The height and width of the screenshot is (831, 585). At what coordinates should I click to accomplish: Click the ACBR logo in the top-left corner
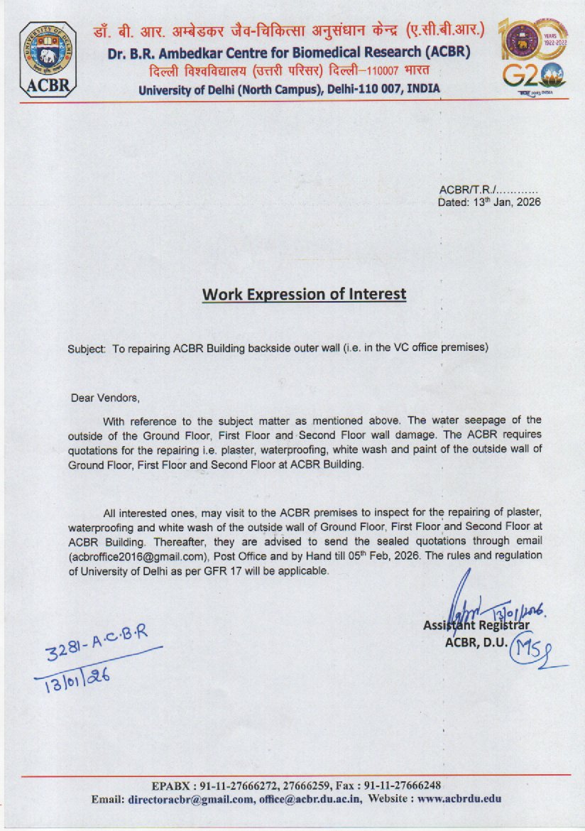point(48,59)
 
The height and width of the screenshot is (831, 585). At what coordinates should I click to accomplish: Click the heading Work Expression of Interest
point(304,294)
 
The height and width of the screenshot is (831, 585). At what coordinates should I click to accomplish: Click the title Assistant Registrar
point(476,626)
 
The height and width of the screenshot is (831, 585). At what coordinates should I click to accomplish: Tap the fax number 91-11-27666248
point(403,785)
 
